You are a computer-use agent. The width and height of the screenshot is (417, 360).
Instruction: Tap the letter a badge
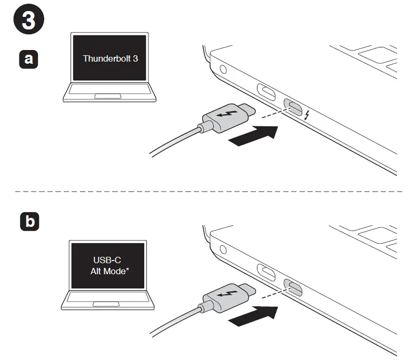coord(28,59)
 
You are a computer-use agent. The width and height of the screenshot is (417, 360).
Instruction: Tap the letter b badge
coord(28,222)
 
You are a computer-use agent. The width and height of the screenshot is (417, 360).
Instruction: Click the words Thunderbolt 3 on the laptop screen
coord(110,58)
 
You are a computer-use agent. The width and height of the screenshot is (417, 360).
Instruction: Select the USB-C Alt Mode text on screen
coord(110,266)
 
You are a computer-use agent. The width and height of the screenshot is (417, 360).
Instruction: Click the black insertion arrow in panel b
coord(253,314)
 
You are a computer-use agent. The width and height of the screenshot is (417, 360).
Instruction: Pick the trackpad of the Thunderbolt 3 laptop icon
coord(110,96)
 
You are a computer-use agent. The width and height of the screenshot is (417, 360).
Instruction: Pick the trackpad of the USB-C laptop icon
coord(108,304)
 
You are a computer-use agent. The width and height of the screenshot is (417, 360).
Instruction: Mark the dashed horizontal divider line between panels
coord(208,191)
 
